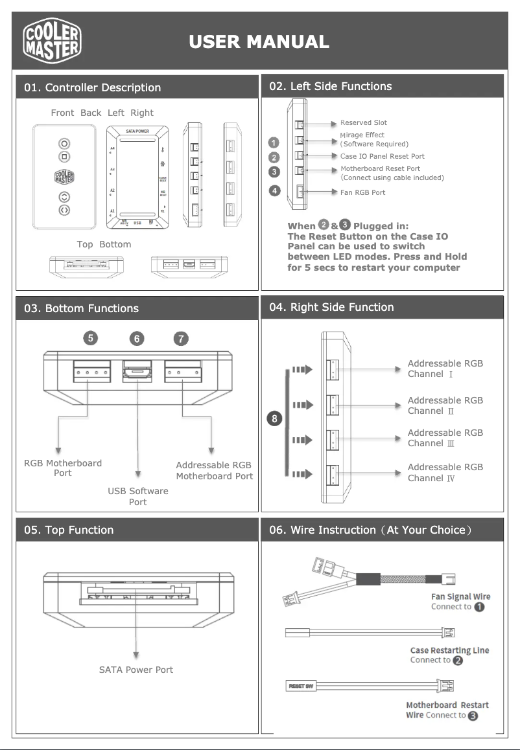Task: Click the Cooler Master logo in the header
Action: point(53,41)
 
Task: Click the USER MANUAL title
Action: point(259,42)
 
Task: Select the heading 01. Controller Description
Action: point(92,87)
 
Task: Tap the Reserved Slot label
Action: point(363,122)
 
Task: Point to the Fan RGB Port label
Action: point(362,192)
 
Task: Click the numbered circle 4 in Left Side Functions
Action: point(275,190)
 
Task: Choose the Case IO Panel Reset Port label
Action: point(382,156)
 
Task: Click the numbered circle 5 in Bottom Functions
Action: point(91,337)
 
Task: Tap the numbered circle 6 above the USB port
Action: point(137,338)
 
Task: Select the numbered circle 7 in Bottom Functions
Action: point(182,338)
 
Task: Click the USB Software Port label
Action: point(137,496)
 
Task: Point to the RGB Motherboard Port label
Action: point(63,468)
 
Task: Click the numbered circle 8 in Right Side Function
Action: point(275,419)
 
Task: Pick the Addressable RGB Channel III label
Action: point(445,438)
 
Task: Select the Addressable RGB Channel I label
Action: point(445,369)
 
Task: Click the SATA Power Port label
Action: point(136,670)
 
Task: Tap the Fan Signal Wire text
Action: point(460,597)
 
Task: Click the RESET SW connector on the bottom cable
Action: point(300,686)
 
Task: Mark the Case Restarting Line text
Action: point(449,650)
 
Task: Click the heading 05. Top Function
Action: point(69,530)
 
